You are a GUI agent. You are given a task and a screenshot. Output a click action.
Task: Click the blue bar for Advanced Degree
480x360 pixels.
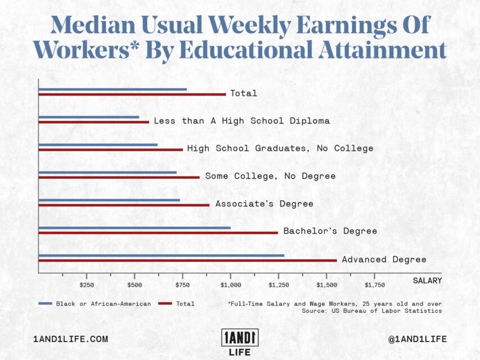point(161,255)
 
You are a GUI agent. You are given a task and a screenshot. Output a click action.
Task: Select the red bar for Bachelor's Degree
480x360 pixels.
point(158,232)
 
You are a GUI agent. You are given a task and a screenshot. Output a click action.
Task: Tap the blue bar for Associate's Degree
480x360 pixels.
point(109,200)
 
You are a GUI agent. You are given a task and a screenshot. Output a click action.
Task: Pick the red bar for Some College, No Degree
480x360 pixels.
point(119,177)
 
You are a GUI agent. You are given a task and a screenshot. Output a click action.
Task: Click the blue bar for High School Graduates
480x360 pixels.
point(98,145)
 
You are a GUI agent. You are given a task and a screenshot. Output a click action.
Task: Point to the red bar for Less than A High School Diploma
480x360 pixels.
point(93,121)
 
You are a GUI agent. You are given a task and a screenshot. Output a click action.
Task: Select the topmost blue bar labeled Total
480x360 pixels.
point(113,89)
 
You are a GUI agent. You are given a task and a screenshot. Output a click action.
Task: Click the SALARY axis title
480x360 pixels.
point(427,280)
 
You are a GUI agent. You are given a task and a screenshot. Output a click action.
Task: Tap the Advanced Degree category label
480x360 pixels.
point(384,259)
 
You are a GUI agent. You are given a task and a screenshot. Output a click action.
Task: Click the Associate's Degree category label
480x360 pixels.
point(264,204)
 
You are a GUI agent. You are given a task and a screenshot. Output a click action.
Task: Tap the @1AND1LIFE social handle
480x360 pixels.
point(418,339)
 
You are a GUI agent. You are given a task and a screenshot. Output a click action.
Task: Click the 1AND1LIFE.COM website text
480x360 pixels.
point(70,339)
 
